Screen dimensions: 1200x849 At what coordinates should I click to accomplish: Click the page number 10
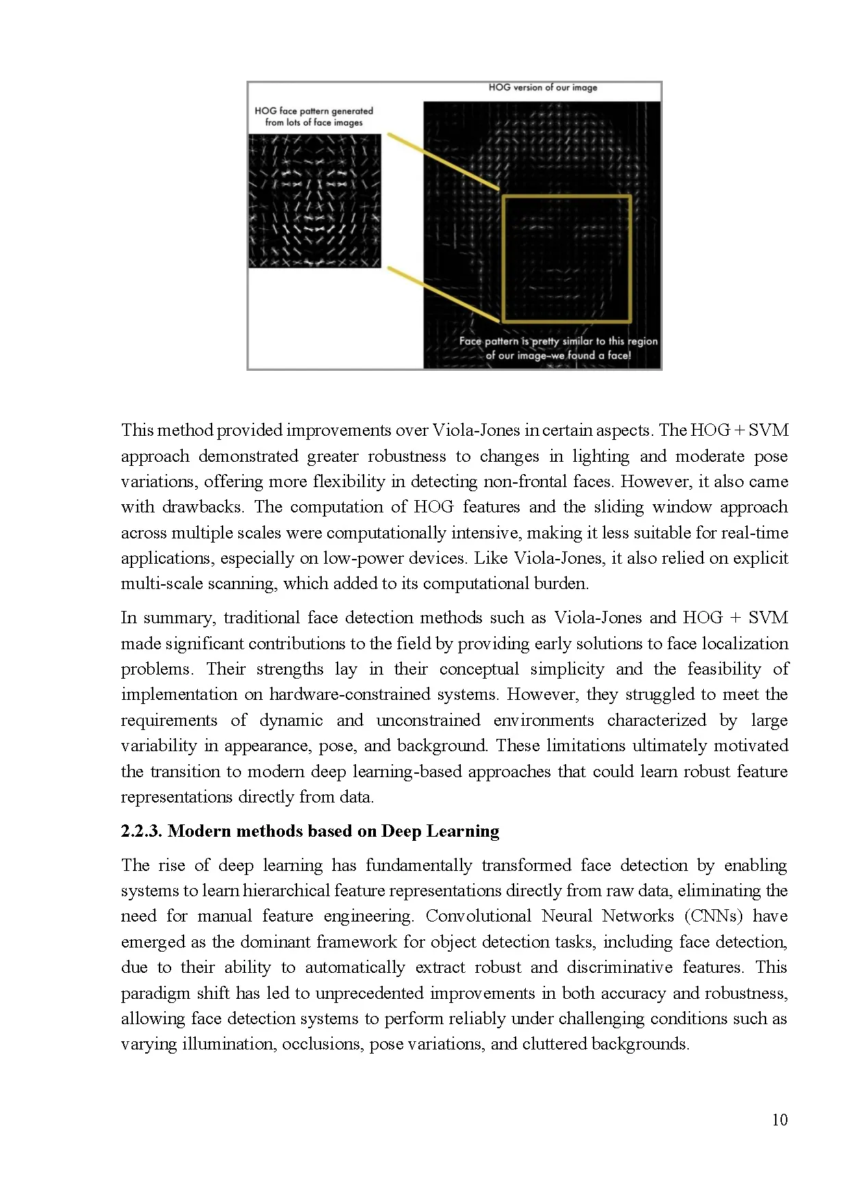779,1120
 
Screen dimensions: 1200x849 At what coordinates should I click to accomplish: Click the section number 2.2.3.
141,831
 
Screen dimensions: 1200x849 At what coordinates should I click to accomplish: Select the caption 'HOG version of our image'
542,88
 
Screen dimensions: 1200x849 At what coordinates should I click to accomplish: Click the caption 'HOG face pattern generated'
314,111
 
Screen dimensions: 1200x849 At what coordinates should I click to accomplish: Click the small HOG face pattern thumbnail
314,200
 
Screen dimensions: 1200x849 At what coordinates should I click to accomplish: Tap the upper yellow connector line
443,161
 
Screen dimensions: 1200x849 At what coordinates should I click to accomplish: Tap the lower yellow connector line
443,294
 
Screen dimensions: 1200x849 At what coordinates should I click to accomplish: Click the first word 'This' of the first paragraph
138,430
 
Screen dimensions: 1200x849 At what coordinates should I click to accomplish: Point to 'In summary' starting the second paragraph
166,618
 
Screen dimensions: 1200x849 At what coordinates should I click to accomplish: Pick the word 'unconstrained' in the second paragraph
428,720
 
